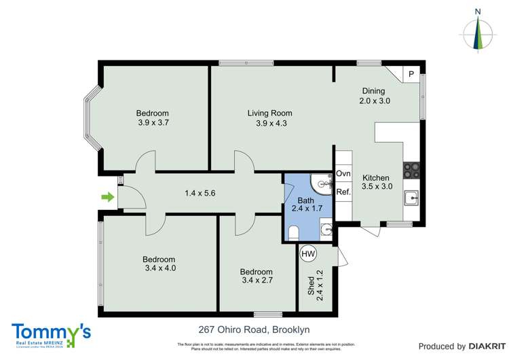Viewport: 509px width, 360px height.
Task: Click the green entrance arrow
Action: click(107, 198)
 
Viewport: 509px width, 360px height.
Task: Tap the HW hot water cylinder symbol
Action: click(308, 253)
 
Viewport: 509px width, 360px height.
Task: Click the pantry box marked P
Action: click(411, 74)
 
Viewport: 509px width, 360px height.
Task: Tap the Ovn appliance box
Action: click(343, 174)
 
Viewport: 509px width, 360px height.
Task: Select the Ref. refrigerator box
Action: click(343, 192)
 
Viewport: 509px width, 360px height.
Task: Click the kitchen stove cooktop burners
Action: click(411, 170)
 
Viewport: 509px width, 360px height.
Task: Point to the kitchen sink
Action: click(411, 198)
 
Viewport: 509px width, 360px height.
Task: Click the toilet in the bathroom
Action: click(294, 233)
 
